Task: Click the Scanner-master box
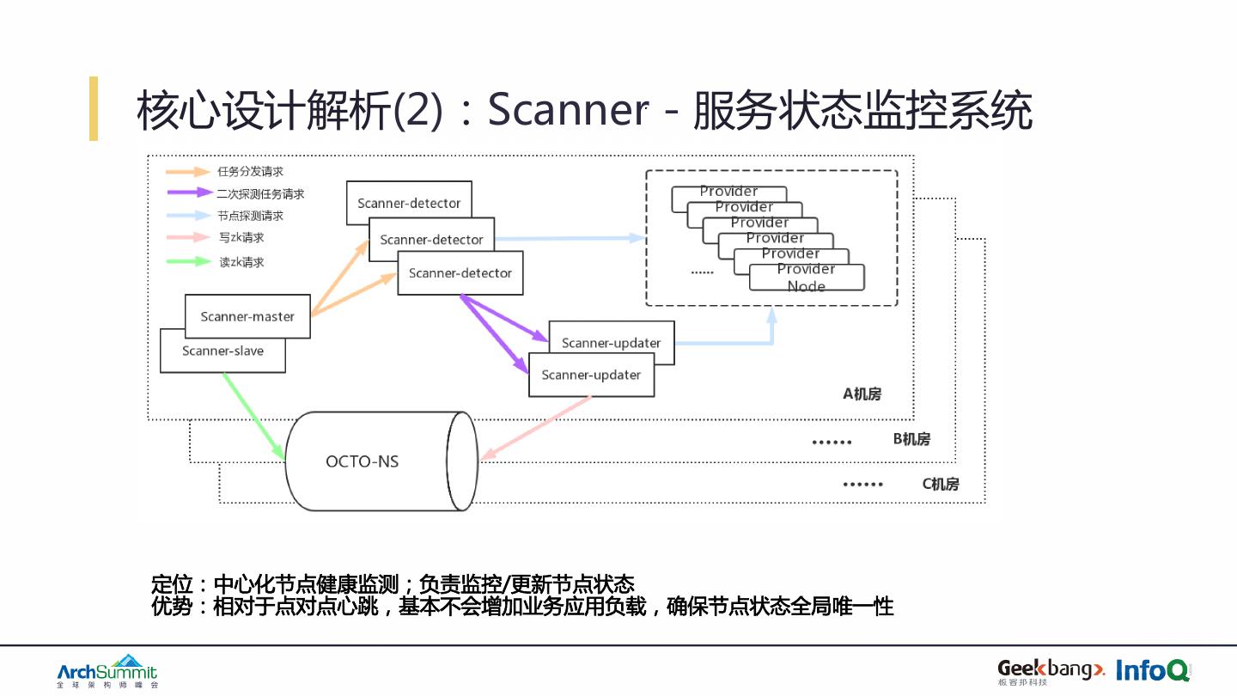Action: coord(247,316)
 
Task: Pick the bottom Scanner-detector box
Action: coord(460,273)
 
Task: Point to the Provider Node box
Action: coord(807,278)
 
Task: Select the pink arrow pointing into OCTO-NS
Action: coord(537,427)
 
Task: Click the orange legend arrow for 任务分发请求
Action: coord(190,172)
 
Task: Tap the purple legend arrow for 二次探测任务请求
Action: coord(190,193)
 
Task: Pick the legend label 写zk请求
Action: coord(241,238)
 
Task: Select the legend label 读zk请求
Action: coord(241,262)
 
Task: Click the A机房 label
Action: coord(862,394)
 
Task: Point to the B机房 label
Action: coord(911,439)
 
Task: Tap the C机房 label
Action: coord(941,484)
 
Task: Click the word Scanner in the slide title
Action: coord(567,111)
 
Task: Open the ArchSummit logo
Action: coord(107,671)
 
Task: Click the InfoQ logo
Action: coord(1153,670)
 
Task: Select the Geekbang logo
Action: coord(1050,670)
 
